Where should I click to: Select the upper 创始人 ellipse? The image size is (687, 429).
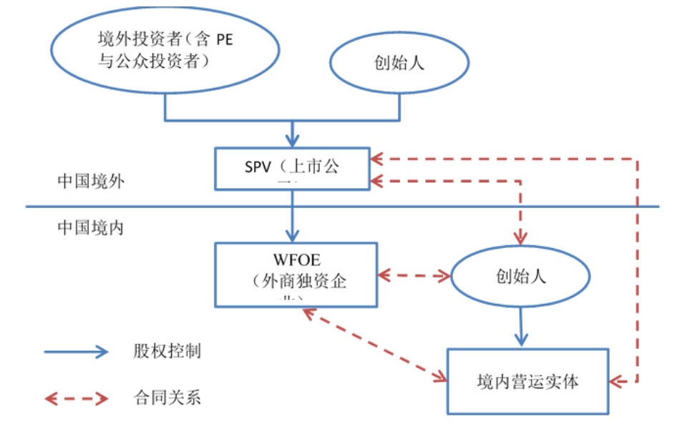coord(399,62)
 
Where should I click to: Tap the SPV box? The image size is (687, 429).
coord(293,169)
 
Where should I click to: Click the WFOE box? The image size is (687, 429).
coord(296,274)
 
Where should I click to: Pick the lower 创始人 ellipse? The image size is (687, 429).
coord(520,276)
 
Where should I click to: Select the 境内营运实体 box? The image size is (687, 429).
coord(527,381)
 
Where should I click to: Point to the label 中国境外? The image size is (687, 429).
coord(91,181)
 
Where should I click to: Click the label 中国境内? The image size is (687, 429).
coord(91,228)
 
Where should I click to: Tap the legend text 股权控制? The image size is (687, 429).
coord(166,351)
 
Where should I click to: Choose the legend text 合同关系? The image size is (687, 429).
coord(166,397)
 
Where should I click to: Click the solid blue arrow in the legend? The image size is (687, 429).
coord(75,351)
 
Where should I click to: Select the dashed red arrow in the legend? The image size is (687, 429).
coord(75,398)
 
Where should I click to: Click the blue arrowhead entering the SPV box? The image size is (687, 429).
coord(293,140)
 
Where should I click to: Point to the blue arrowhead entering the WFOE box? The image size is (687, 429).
coord(293,235)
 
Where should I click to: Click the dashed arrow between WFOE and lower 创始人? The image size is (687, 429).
coord(413,275)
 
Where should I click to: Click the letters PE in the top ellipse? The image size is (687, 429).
coord(224,40)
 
